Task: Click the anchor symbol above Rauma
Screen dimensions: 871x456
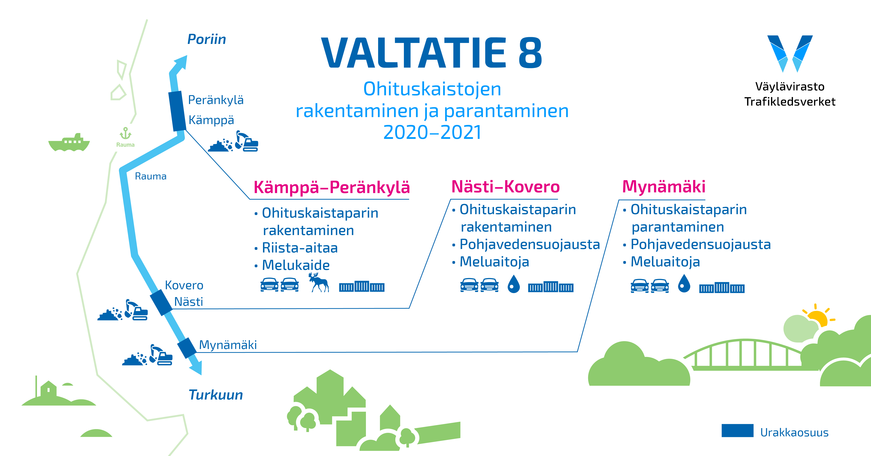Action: tap(125, 133)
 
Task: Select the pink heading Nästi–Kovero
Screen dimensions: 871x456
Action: tap(505, 187)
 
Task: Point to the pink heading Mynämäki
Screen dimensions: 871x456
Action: tap(664, 187)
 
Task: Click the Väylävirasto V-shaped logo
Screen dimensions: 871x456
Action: tap(790, 53)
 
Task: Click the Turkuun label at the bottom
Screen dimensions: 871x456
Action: tap(216, 395)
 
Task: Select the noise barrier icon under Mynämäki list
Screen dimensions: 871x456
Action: tap(722, 288)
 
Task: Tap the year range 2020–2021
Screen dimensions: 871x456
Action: tap(432, 132)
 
